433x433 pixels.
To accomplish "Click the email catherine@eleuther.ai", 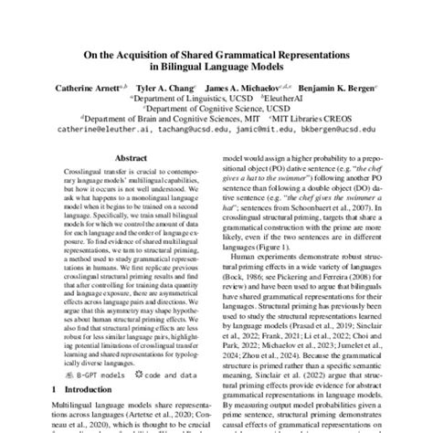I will [100, 131].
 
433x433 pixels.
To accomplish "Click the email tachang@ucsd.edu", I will [183, 131].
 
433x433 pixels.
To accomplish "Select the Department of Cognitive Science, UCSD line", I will [216, 110].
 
